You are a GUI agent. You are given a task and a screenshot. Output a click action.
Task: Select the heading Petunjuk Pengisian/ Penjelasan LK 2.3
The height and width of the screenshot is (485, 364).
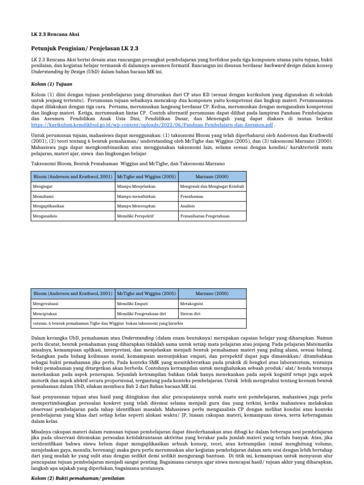pos(84,48)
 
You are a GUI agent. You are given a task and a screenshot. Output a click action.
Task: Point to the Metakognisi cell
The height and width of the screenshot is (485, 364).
pos(191,303)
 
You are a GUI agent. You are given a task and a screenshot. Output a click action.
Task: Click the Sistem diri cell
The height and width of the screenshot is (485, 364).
pos(190,313)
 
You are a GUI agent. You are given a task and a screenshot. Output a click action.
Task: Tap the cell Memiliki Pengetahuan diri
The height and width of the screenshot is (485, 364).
pos(141,313)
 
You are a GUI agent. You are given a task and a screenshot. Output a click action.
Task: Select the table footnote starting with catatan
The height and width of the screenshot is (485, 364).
pos(108,323)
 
